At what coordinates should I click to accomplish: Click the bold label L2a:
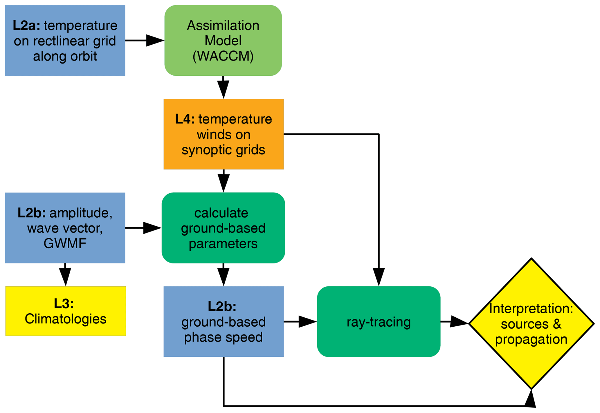pyautogui.click(x=26, y=26)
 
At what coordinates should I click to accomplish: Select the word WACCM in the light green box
pyautogui.click(x=223, y=56)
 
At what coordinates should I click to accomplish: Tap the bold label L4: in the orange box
pyautogui.click(x=185, y=119)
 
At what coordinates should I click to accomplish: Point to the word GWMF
pyautogui.click(x=65, y=243)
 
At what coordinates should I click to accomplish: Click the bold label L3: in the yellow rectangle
pyautogui.click(x=64, y=303)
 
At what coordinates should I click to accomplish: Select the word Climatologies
pyautogui.click(x=66, y=319)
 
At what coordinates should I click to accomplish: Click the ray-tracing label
pyautogui.click(x=379, y=322)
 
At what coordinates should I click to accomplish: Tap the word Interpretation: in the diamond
pyautogui.click(x=531, y=308)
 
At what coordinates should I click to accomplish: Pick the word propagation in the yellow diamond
pyautogui.click(x=531, y=339)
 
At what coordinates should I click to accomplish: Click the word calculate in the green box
pyautogui.click(x=221, y=213)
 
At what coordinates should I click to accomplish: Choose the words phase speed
pyautogui.click(x=223, y=337)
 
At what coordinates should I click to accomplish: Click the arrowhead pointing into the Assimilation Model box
pyautogui.click(x=155, y=41)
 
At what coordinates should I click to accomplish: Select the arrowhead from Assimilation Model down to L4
pyautogui.click(x=223, y=89)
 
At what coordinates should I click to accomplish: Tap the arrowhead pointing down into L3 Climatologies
pyautogui.click(x=65, y=276)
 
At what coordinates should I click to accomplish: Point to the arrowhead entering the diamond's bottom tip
pyautogui.click(x=531, y=399)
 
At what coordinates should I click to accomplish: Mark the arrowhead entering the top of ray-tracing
pyautogui.click(x=379, y=276)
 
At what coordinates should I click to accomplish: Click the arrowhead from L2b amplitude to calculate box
pyautogui.click(x=152, y=228)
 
